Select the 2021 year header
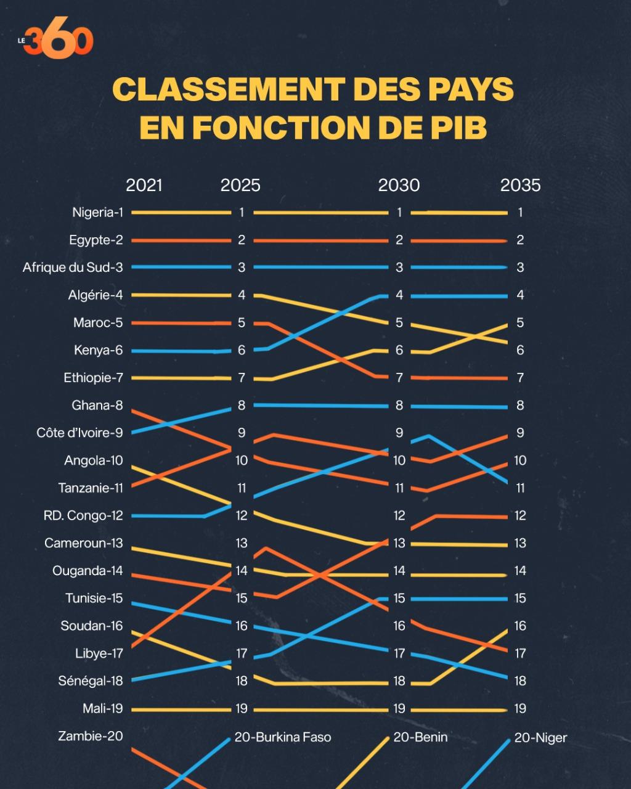click(x=144, y=186)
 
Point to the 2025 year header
click(x=240, y=186)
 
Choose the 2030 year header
click(x=399, y=186)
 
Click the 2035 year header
click(x=520, y=186)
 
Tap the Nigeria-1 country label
click(x=97, y=213)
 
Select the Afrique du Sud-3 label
click(x=73, y=268)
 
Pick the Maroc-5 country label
click(x=98, y=322)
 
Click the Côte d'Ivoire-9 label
click(x=79, y=433)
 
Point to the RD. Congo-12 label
click(x=83, y=515)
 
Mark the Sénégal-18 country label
click(x=91, y=681)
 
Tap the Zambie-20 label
click(x=91, y=736)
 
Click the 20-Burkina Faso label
click(x=283, y=737)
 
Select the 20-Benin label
click(x=420, y=737)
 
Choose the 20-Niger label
click(x=540, y=738)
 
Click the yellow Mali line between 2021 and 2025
click(x=181, y=709)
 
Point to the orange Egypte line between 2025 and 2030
click(x=320, y=240)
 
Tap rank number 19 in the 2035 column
click(x=520, y=709)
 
